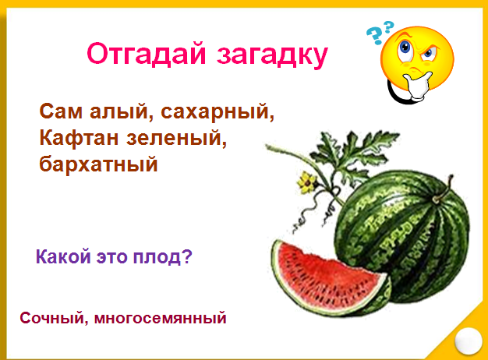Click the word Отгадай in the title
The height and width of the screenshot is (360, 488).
click(x=147, y=54)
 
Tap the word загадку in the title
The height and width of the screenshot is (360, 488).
click(x=272, y=56)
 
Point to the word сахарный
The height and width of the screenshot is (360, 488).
click(x=217, y=112)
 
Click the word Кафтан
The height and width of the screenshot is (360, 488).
click(x=79, y=137)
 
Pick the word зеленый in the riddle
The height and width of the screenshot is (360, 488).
click(x=177, y=139)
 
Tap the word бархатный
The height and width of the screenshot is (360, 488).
click(x=98, y=164)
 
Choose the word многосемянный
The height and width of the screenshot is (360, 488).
click(x=161, y=319)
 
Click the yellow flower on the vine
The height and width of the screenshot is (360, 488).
click(x=307, y=182)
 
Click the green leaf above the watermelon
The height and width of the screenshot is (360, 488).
click(x=355, y=155)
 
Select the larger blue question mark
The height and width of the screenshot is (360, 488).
click(x=374, y=36)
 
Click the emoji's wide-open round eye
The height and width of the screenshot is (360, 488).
click(x=405, y=49)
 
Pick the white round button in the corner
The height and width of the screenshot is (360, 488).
click(x=468, y=341)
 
